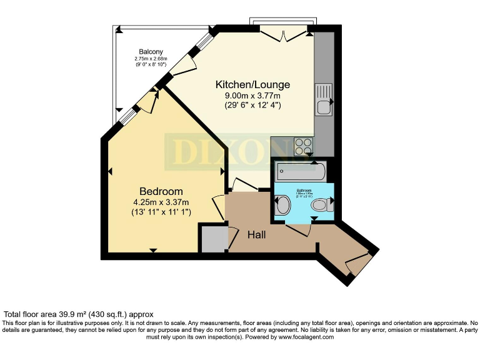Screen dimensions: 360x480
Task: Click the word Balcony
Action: click(151, 51)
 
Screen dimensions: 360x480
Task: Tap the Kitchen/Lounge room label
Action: click(252, 84)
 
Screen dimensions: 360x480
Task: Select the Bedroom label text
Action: click(161, 191)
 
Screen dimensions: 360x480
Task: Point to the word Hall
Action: click(257, 235)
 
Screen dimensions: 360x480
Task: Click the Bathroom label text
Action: click(304, 189)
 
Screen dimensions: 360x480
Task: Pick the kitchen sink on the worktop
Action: click(324, 100)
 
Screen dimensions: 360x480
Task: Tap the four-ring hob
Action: click(304, 146)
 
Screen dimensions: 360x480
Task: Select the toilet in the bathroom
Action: click(321, 204)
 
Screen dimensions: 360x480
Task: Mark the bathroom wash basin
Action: click(282, 204)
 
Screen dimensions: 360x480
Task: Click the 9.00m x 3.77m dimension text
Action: click(252, 96)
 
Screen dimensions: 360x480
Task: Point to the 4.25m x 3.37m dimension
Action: click(161, 202)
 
